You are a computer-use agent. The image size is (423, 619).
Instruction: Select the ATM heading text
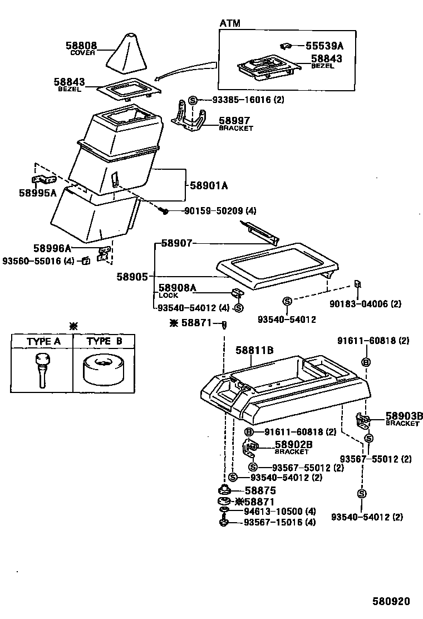[230, 23]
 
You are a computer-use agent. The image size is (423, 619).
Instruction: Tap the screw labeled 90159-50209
[165, 211]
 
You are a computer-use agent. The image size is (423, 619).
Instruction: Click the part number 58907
[176, 243]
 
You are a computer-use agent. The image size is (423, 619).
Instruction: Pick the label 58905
[132, 276]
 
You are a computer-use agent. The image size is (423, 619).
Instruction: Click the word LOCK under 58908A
[169, 295]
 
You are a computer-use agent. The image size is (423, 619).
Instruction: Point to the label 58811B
[254, 350]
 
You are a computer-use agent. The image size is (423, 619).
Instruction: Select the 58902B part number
[293, 445]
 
